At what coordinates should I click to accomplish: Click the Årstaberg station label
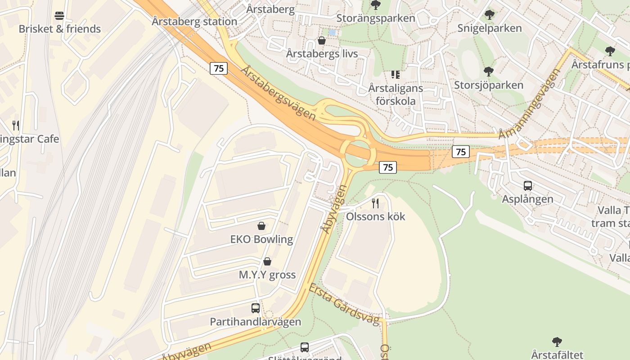(x=194, y=21)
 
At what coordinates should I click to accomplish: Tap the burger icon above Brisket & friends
(x=59, y=16)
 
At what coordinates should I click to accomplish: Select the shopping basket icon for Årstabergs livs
(x=322, y=41)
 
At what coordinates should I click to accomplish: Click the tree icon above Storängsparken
(x=375, y=5)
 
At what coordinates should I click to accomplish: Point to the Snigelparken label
(x=490, y=28)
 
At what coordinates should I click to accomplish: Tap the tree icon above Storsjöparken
(x=488, y=72)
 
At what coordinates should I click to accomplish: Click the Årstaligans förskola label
(x=396, y=94)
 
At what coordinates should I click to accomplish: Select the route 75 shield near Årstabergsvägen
(x=219, y=68)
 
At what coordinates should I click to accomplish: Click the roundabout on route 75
(x=358, y=153)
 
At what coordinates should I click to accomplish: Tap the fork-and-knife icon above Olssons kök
(x=375, y=203)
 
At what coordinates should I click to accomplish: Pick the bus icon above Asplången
(x=528, y=185)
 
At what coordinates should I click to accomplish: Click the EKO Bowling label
(x=261, y=239)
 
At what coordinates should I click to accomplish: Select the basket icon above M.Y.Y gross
(x=267, y=261)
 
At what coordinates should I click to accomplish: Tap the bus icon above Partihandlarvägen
(x=256, y=308)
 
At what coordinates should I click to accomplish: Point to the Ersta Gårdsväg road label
(x=344, y=304)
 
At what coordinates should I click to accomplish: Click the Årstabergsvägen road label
(x=279, y=93)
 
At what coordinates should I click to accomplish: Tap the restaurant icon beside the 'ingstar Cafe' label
(x=16, y=125)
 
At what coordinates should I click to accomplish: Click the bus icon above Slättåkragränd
(x=305, y=347)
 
